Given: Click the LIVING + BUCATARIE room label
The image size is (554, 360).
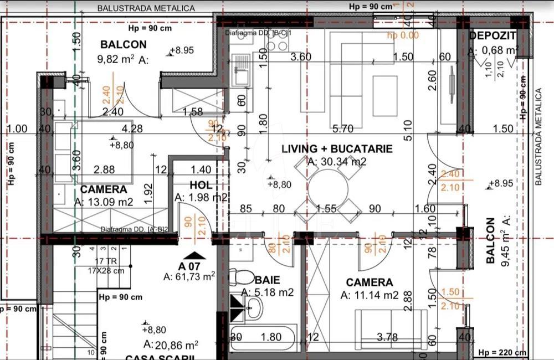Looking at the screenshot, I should click(x=337, y=149).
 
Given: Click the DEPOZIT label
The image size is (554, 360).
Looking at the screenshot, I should click(x=493, y=36).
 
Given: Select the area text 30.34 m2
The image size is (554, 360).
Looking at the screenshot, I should click(x=337, y=162).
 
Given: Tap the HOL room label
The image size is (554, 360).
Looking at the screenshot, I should click(x=201, y=185).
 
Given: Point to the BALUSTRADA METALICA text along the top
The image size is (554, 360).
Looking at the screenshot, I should click(x=146, y=8).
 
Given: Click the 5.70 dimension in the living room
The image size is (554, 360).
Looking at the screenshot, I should click(x=343, y=130).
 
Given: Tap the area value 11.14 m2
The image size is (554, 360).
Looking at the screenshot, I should click(x=370, y=295).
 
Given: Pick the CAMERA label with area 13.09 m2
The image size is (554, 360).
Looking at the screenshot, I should click(x=104, y=189).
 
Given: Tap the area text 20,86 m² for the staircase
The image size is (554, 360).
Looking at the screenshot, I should click(x=170, y=344).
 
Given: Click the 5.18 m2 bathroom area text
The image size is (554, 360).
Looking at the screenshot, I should click(x=268, y=292).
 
